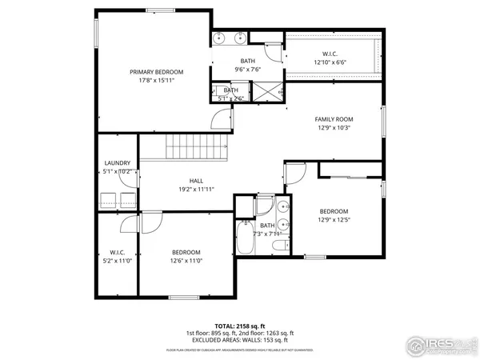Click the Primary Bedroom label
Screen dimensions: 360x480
pos(152,72)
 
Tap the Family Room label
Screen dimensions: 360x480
pos(334,118)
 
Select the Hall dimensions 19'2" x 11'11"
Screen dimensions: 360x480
pos(196,190)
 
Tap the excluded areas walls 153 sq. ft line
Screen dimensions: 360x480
pos(240,339)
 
